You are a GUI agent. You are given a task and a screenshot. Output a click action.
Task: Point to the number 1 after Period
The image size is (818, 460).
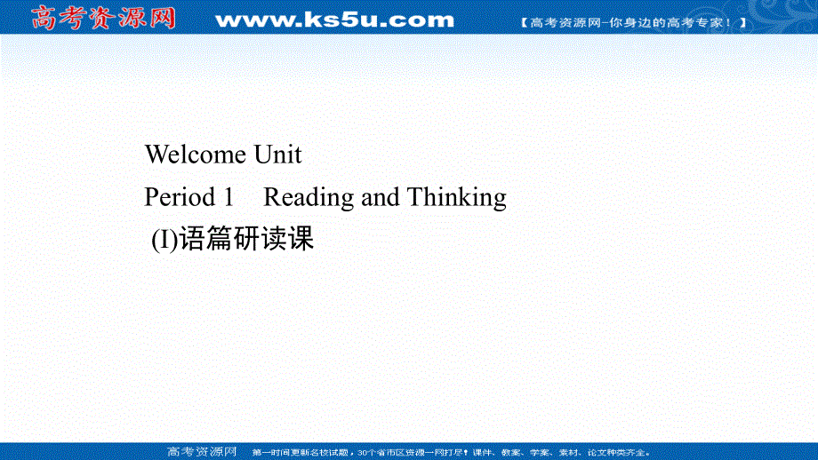(227, 197)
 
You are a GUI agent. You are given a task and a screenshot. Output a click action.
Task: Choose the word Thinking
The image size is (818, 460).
(457, 197)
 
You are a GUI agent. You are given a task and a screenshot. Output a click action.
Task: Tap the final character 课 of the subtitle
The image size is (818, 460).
(301, 239)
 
